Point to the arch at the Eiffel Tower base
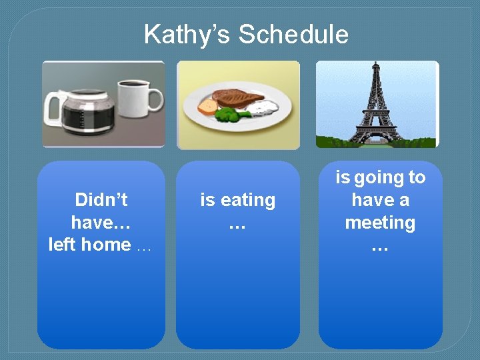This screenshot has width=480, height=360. point(377,137)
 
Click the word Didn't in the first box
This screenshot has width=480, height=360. point(101,200)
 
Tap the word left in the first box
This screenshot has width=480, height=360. point(62,245)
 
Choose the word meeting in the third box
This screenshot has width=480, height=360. point(380,223)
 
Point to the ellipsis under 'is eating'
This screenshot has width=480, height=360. point(237,225)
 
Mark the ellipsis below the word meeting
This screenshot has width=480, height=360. point(380,247)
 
